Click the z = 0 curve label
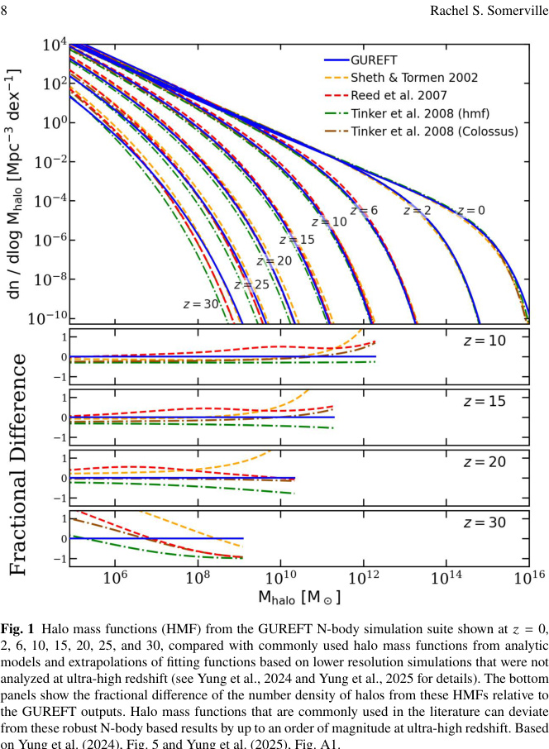tap(469, 210)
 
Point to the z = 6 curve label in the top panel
tap(363, 210)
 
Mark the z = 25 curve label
tap(251, 284)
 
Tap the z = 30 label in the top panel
tap(198, 304)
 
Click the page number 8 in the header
tap(5, 11)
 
